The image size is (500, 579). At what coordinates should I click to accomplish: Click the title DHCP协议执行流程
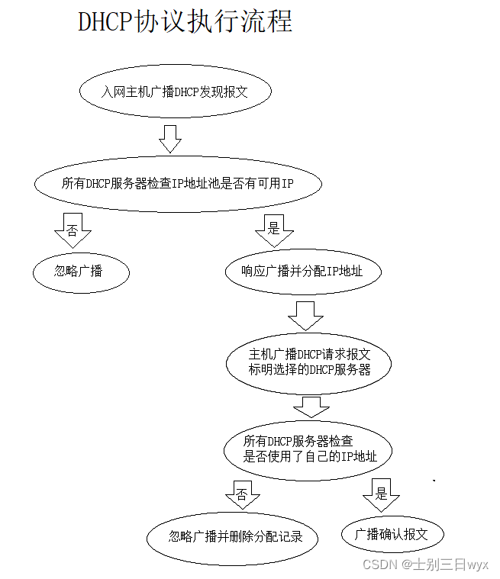(185, 21)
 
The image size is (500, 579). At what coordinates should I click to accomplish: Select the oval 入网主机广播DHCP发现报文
(176, 92)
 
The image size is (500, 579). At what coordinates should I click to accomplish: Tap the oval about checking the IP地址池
(178, 183)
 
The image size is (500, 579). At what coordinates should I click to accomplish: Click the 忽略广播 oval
(80, 271)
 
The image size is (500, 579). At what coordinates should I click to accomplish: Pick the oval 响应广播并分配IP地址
(303, 271)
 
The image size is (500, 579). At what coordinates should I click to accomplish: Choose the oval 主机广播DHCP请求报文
(309, 362)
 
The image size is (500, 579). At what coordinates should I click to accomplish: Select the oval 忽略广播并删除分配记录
(233, 537)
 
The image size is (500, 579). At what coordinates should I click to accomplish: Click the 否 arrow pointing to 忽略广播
(73, 230)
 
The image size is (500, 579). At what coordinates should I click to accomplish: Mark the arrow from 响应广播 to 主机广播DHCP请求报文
(305, 314)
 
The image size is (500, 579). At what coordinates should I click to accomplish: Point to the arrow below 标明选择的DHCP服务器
(311, 406)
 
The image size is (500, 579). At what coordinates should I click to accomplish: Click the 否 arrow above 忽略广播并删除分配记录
(243, 494)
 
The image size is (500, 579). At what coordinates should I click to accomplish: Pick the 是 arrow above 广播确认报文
(381, 494)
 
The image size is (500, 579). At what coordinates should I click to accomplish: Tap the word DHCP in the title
(105, 21)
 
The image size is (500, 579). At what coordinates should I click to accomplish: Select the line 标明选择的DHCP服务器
(309, 370)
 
